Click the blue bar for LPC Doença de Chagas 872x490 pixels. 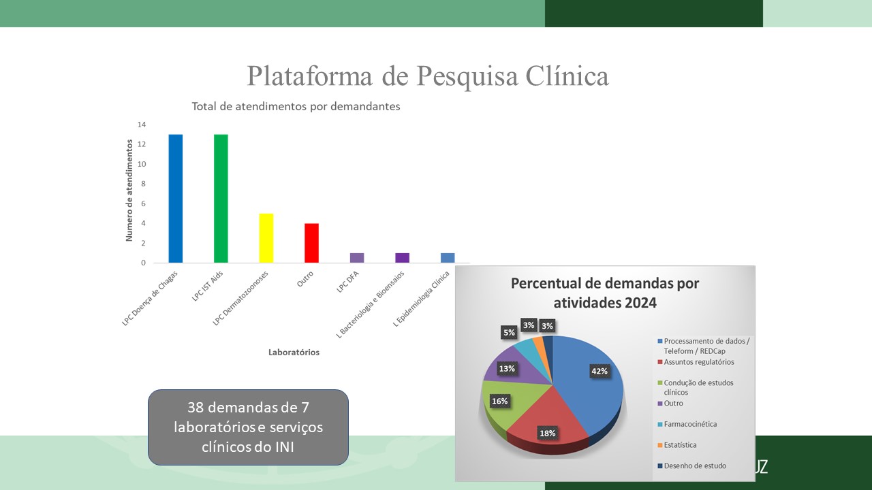pos(176,198)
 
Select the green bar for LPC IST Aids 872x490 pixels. pos(221,198)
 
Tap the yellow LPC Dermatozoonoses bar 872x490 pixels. pos(266,238)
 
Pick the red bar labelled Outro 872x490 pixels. pos(311,243)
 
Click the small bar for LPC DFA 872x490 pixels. pos(357,258)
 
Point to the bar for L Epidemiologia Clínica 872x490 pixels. pos(448,258)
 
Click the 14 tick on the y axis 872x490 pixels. pos(141,125)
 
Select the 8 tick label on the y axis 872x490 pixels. pos(143,184)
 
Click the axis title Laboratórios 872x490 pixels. pos(294,353)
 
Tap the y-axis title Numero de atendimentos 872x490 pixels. pos(129,190)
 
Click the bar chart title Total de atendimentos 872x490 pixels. pos(296,106)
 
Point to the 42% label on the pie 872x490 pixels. pos(599,371)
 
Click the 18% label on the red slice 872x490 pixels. pos(547,433)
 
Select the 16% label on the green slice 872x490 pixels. pos(499,401)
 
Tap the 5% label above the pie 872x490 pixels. pos(509,333)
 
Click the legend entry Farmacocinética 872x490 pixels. pos(687,424)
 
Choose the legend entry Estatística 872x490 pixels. pos(677,445)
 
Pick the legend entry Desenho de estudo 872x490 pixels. pos(691,465)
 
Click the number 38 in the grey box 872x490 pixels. pos(195,407)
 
